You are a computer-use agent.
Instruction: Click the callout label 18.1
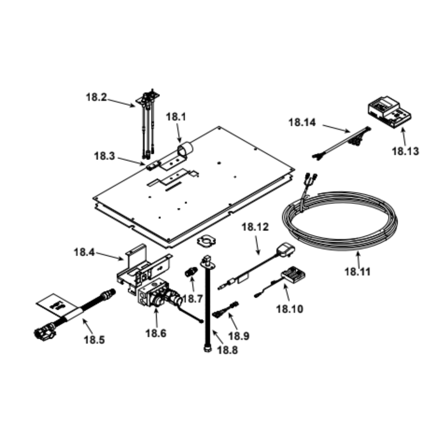tap(176, 117)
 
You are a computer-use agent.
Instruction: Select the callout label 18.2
tap(96, 97)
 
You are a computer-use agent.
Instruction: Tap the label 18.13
tap(405, 151)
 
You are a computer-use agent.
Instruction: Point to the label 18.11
tap(357, 272)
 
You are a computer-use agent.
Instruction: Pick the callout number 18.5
tap(94, 340)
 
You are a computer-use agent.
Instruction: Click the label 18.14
tap(302, 122)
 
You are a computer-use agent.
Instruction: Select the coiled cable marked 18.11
tap(340, 220)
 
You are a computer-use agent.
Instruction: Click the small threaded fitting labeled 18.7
tap(191, 271)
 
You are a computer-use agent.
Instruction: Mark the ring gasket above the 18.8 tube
tap(206, 241)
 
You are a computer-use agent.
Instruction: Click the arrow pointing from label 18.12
tap(257, 245)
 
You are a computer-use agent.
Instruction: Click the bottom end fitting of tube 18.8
tap(208, 348)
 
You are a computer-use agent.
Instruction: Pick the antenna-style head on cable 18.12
tap(285, 250)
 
